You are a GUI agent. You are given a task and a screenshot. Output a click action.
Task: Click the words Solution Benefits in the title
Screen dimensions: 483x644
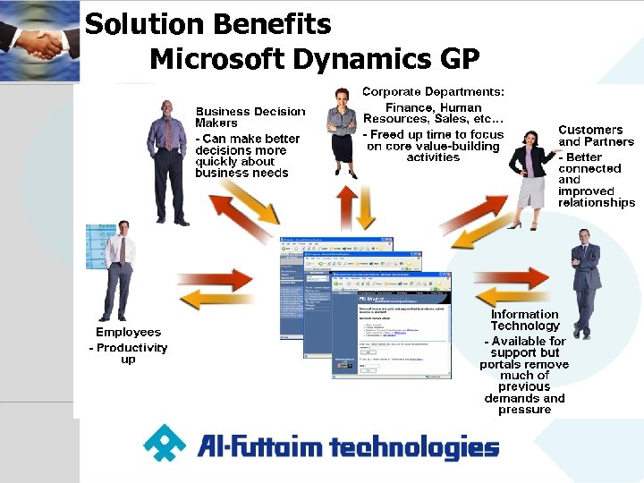coord(208,24)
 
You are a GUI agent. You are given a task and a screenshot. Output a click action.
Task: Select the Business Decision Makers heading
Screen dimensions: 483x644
coord(250,117)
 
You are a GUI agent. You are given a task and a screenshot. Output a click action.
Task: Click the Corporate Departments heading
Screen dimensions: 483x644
coord(433,91)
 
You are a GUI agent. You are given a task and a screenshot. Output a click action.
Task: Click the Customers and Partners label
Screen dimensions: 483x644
coord(596,135)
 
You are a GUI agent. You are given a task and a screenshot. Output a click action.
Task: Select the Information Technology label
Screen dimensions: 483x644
coord(524,319)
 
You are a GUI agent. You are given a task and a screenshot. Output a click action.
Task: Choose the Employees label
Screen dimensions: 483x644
coord(128,332)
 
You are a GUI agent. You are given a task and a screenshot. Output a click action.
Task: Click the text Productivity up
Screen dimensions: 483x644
coord(128,353)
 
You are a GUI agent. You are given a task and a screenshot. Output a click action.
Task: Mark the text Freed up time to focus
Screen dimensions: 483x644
coord(434,135)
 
